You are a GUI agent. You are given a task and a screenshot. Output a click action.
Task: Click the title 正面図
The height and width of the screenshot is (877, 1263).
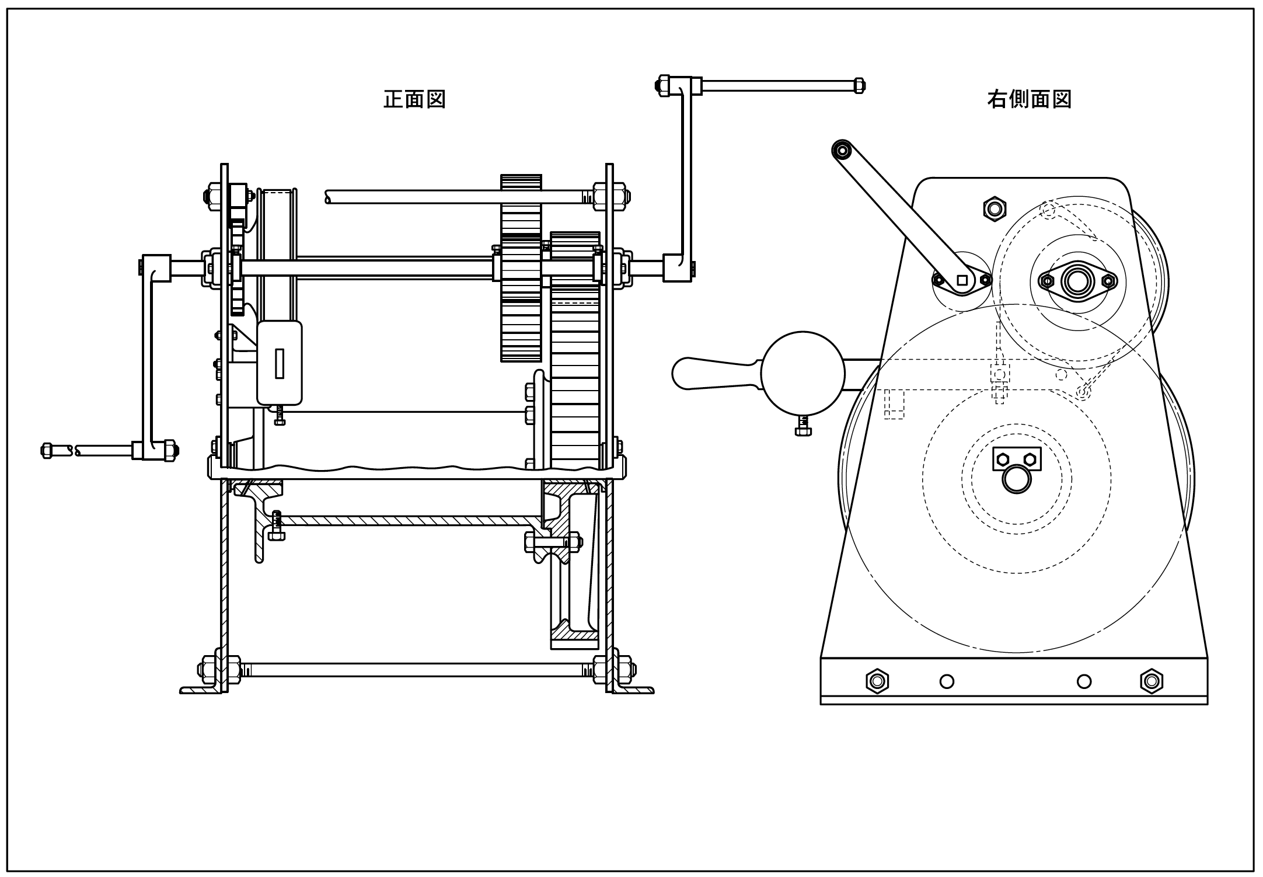pos(414,99)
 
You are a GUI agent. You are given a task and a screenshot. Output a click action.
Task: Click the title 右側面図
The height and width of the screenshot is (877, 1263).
pos(1029,99)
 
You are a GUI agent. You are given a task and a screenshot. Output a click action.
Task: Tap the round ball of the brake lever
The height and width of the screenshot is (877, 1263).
pos(803,374)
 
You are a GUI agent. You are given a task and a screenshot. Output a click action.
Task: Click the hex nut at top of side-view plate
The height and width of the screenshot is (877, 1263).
pos(995,208)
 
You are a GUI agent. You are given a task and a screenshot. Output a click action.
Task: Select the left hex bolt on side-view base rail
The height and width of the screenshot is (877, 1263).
pos(877,681)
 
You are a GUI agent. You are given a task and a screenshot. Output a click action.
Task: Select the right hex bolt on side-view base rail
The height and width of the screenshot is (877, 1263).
pos(1152,681)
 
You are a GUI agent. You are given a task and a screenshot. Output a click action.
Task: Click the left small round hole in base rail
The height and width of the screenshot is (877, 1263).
pos(947,681)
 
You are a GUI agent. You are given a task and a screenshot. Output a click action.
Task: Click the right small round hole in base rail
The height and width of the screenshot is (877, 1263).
pos(1084,681)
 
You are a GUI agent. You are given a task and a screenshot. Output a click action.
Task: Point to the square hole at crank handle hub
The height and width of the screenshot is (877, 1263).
pos(962,280)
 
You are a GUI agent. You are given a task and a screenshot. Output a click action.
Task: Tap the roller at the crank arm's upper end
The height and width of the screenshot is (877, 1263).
pos(842,150)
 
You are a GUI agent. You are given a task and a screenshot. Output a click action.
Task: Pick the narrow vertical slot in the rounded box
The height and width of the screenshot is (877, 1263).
pos(280,363)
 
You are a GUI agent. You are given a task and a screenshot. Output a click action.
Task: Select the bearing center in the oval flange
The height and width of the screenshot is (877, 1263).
pos(1077,281)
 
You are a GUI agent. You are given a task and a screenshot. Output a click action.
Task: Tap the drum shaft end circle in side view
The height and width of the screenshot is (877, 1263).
pos(1016,479)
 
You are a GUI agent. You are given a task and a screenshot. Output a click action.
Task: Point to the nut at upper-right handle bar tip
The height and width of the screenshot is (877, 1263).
pos(859,86)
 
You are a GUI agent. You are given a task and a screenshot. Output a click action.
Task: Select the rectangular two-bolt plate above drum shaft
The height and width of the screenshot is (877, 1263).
pos(1017,459)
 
